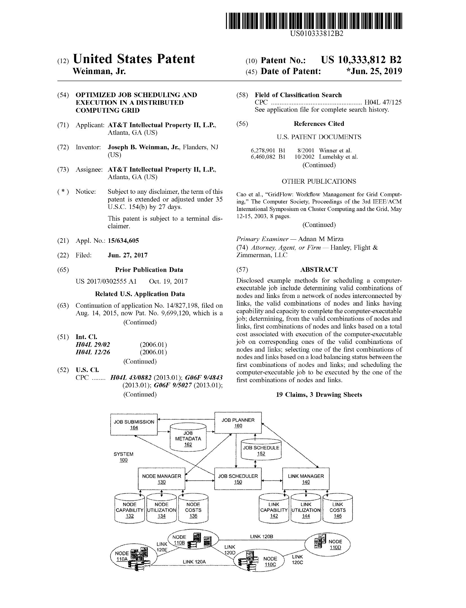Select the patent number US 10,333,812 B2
point(361,60)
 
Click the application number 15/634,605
point(123,241)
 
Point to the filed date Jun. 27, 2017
point(127,255)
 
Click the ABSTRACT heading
point(319,270)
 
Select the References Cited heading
point(319,124)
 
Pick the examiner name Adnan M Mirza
point(321,239)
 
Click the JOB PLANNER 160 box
point(238,423)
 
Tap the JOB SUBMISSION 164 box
point(134,425)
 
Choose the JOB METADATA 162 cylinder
point(188,438)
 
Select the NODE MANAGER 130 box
point(161,479)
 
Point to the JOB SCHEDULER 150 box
point(238,479)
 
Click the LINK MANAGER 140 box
point(306,479)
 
